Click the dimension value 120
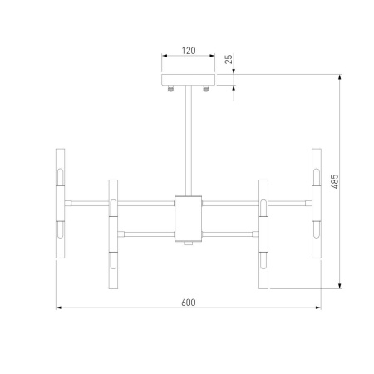pos(188,51)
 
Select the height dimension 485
pos(334,182)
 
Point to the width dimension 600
pos(188,302)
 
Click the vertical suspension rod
pos(188,141)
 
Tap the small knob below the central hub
pos(188,244)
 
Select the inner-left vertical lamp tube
pos(112,235)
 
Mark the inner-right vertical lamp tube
pos(263,235)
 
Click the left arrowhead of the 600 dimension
pos(58,309)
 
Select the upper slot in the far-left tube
pos(59,176)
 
